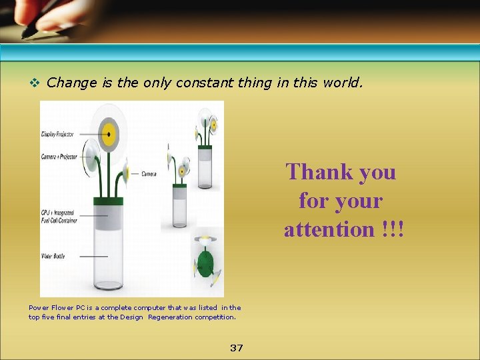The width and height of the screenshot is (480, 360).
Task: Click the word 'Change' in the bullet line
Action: coord(72,83)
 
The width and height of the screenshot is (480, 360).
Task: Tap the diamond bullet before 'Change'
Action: coord(35,83)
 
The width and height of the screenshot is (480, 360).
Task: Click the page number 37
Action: coord(236,348)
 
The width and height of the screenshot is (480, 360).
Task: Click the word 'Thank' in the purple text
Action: coord(316,172)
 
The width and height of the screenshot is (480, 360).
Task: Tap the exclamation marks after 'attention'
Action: coord(393,229)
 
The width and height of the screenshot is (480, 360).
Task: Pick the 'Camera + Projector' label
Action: coord(59,157)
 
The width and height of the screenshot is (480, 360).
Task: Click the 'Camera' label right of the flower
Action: coord(149,174)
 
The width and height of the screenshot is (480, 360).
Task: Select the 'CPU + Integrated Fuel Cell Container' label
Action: coord(59,217)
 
